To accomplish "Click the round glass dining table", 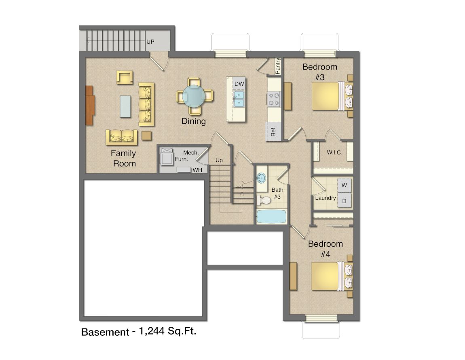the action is (194, 96).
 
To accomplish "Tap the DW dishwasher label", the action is (239, 84).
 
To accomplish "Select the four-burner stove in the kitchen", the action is (273, 99).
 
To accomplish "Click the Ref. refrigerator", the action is (273, 131).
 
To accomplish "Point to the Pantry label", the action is (277, 66).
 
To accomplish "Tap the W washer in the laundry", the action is (344, 185).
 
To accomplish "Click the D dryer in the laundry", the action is (344, 201).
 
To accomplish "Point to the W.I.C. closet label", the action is (334, 152).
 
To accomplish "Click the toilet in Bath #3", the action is (264, 200).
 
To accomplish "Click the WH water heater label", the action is (197, 170).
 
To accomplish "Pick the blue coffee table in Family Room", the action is (125, 106).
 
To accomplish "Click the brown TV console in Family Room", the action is (90, 105).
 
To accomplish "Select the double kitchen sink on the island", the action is (239, 99).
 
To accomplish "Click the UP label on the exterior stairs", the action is (150, 42).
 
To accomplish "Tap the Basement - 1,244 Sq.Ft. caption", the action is (139, 331).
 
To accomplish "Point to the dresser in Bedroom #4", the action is (293, 276).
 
